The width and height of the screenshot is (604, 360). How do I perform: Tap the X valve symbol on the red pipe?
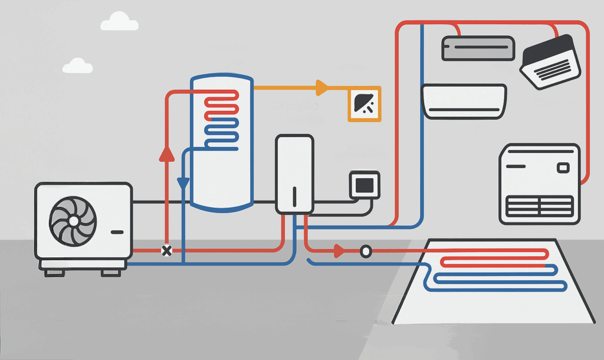167,251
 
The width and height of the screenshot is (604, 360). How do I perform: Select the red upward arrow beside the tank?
167,153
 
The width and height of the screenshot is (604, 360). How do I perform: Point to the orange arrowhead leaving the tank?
321,88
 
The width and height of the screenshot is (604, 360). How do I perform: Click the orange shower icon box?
365,104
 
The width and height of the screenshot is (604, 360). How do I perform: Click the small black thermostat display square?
365,185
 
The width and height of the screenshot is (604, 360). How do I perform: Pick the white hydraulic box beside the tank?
294,174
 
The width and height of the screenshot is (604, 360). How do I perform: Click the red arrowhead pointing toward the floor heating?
339,251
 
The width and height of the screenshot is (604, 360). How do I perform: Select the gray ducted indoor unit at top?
478,48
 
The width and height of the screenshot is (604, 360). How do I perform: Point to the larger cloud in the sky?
120,23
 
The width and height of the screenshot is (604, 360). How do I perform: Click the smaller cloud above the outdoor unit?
77,66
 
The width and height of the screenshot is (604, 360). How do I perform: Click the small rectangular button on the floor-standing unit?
563,168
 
